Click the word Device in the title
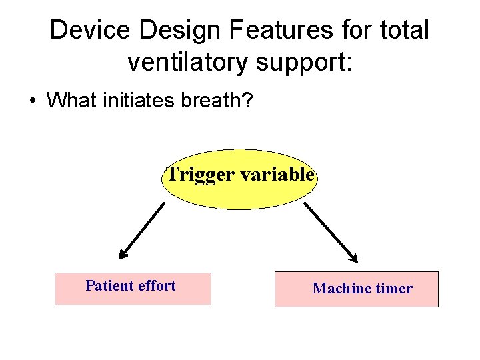pos(84,30)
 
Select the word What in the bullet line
pos(71,101)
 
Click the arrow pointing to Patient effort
pos(142,230)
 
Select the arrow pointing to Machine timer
pos(331,232)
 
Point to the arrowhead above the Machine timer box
pos(353,257)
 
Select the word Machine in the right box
pos(341,289)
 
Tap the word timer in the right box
pos(394,289)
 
